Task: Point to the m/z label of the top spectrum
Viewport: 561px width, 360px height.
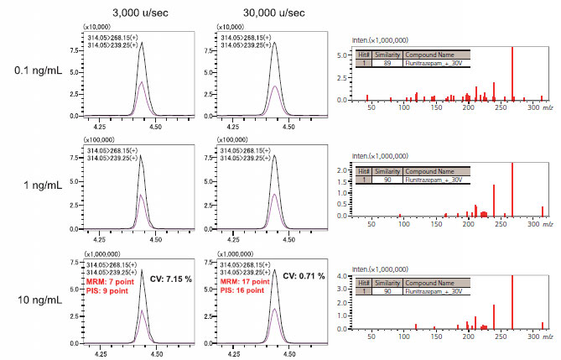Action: [548, 107]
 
